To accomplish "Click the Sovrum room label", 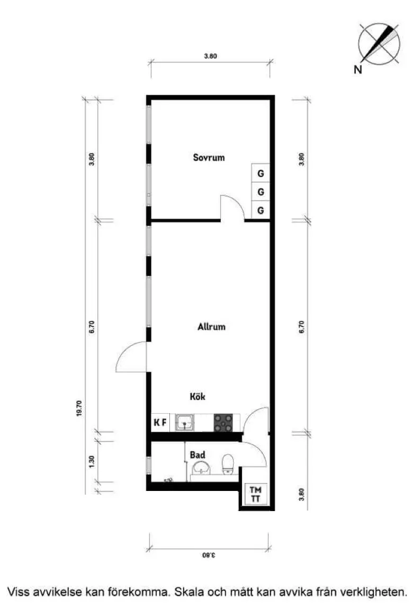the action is coord(209,157).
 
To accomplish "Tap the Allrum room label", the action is coord(211,326).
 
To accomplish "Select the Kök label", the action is coord(197,396).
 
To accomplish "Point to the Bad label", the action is coord(197,454).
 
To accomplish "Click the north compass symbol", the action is coord(379,43).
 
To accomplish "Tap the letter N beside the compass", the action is coord(357,70).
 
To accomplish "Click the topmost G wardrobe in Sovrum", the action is coord(261,173).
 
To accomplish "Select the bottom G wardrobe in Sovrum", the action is coord(261,210).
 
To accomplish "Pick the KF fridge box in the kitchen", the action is coord(160,422).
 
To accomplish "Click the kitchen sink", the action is coord(185,423).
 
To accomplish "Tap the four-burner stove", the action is coord(223,423).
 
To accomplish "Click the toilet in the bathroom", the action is coord(227,464).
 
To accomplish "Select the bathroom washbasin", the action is coord(201,468).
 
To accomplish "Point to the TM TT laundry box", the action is coord(255,494).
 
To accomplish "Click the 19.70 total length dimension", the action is coord(79,408).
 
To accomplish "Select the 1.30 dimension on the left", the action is coord(92,461).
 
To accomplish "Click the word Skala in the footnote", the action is coord(189,592).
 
